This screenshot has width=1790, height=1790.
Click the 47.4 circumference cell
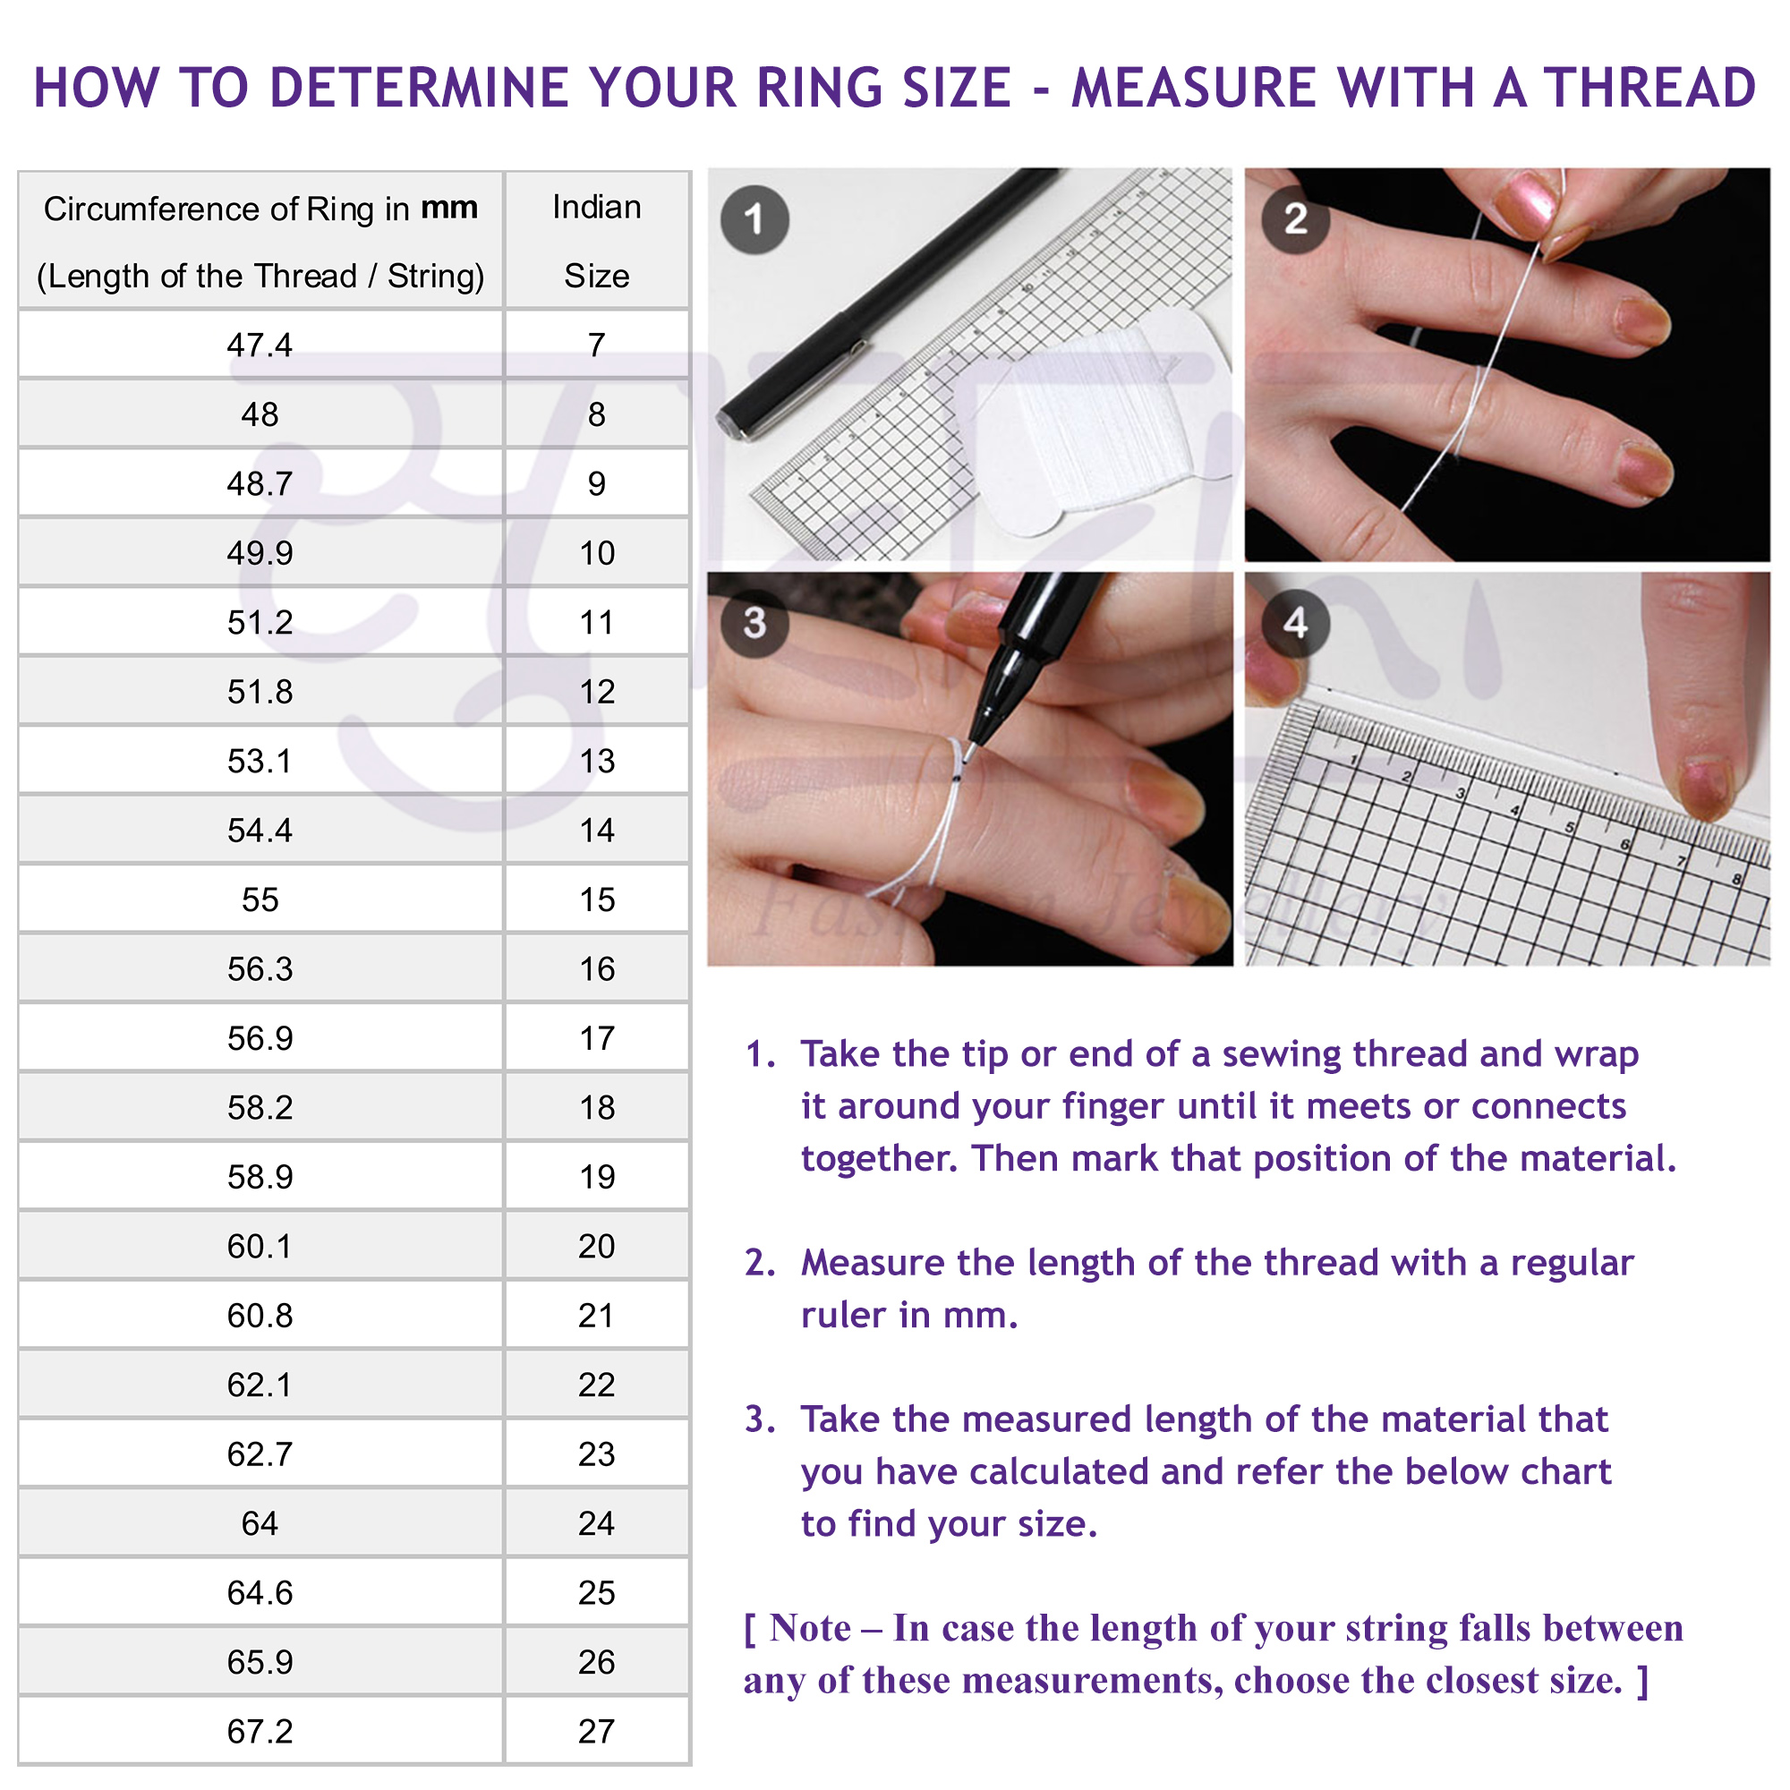[x=260, y=345]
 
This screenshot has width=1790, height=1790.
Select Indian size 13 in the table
[x=597, y=761]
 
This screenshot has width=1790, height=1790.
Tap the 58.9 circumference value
[x=260, y=1177]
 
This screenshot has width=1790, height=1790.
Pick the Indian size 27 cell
[x=597, y=1731]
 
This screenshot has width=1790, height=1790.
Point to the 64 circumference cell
[x=260, y=1523]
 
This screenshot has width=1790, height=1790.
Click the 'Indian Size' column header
[x=597, y=241]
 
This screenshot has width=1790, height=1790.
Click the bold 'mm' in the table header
[x=449, y=208]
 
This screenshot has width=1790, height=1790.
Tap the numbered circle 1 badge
[x=755, y=219]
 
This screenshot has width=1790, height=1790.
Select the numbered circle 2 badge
[x=1296, y=219]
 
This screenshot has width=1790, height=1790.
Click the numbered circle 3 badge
[x=755, y=623]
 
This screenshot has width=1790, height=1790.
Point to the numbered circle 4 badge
[x=1296, y=623]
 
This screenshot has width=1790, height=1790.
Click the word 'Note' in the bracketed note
[x=810, y=1628]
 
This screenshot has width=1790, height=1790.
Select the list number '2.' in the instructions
[x=761, y=1263]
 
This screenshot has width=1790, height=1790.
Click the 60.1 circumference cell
[x=260, y=1246]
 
